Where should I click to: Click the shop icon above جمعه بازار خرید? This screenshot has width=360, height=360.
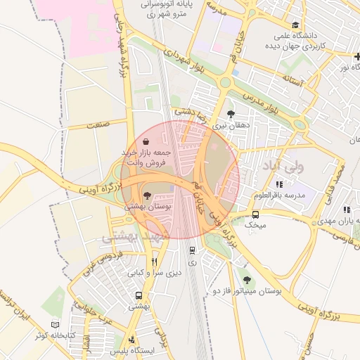click(x=146, y=142)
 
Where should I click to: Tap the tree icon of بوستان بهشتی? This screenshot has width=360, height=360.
click(x=147, y=196)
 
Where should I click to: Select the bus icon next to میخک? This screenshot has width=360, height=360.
click(x=255, y=215)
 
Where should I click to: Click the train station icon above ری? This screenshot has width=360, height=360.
click(x=192, y=250)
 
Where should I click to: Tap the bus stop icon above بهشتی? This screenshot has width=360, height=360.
click(x=139, y=296)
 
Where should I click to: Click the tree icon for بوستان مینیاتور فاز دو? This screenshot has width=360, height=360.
click(x=245, y=280)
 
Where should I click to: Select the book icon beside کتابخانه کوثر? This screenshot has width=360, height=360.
click(x=56, y=325)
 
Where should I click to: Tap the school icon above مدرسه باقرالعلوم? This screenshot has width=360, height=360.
click(x=280, y=184)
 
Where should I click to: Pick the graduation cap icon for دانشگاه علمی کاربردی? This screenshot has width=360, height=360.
click(x=295, y=25)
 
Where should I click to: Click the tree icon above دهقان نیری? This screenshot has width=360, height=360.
click(x=231, y=113)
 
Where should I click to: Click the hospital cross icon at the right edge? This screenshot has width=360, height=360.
click(x=357, y=56)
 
